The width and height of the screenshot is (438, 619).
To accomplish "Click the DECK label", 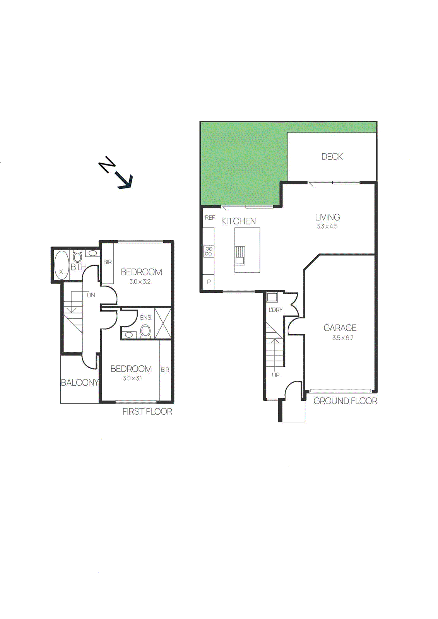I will coord(332,157).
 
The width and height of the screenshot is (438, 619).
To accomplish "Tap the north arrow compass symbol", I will coord(116,173).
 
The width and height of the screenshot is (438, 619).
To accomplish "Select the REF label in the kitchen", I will coord(210,218).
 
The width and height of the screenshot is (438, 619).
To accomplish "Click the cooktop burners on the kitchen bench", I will coord(209,251).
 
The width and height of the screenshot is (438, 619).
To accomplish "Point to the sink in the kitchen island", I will coord(240,255).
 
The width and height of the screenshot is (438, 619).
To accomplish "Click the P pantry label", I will coord(209,282).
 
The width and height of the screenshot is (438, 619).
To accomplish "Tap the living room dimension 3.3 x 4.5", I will coord(327,226).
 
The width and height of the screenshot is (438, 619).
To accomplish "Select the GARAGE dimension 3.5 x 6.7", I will coord(342,338).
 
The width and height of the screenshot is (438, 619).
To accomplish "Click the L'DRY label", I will coord(275,310).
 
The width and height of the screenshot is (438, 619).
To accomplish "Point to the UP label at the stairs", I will coord(275,375).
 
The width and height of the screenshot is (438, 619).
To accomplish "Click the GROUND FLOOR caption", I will coord(345,401).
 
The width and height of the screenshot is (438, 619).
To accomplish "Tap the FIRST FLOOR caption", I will coord(147,412).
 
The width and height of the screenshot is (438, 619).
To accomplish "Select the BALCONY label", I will coord(80,383).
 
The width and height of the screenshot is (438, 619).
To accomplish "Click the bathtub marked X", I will coord(61,265).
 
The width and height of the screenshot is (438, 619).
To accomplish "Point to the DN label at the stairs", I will coord(91,295).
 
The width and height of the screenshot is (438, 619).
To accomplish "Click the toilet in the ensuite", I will coord(145,331).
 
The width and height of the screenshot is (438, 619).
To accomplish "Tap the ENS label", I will coord(145,318).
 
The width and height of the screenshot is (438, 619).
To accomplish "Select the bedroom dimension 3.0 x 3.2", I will coord(140,282).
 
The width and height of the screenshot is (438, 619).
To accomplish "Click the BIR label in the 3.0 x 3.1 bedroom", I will coord(165,370).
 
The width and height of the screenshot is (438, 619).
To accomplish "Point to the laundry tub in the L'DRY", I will coord(272,297).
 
